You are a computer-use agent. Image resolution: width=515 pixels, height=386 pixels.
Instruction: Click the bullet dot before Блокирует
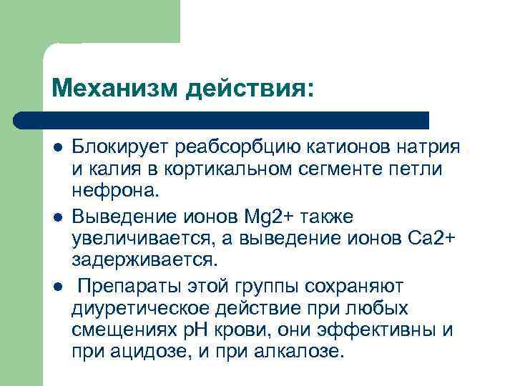(x=57, y=148)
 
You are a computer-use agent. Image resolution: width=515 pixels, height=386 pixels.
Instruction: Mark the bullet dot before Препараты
(x=57, y=287)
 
